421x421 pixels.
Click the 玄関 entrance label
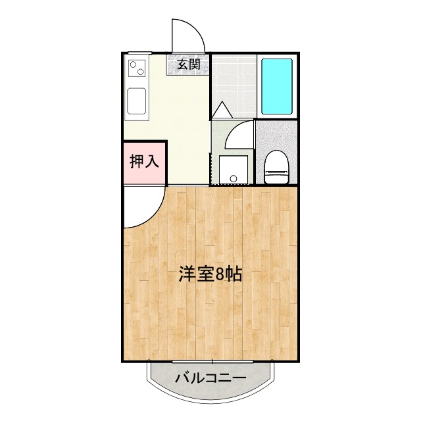[x=189, y=64]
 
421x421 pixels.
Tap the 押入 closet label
[x=143, y=161]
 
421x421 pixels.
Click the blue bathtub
[x=276, y=86]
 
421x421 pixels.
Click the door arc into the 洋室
[x=143, y=207]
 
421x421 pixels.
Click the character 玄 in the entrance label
[x=182, y=64]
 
